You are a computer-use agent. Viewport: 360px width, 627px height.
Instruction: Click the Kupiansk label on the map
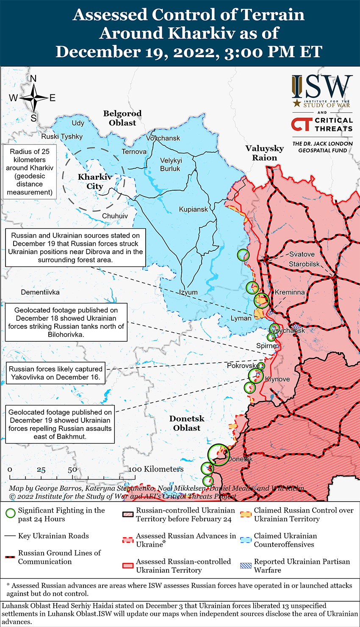194,209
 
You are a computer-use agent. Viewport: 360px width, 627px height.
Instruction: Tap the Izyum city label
188,292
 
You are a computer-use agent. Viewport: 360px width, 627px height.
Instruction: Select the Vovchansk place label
163,138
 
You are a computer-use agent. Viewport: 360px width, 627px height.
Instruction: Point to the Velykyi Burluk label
170,164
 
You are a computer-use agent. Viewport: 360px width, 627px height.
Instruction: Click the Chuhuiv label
115,216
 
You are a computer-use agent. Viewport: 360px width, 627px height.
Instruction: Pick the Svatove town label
302,254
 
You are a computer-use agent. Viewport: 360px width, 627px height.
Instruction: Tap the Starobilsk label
305,264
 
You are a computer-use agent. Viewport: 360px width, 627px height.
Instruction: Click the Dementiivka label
40,292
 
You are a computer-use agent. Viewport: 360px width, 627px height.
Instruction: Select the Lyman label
241,318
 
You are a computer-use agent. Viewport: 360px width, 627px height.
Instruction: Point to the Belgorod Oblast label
122,118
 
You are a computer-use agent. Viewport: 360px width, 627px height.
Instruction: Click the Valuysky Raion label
265,153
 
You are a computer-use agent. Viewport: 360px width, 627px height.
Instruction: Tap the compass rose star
33,98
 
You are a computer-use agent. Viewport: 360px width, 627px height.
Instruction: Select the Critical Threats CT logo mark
301,124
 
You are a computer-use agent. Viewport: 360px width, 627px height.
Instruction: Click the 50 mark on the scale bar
72,470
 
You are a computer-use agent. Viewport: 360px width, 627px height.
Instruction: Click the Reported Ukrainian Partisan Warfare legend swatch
246,566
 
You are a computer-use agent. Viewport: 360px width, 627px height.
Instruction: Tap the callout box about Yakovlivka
56,373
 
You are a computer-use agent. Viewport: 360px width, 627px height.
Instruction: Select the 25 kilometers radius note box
30,172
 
